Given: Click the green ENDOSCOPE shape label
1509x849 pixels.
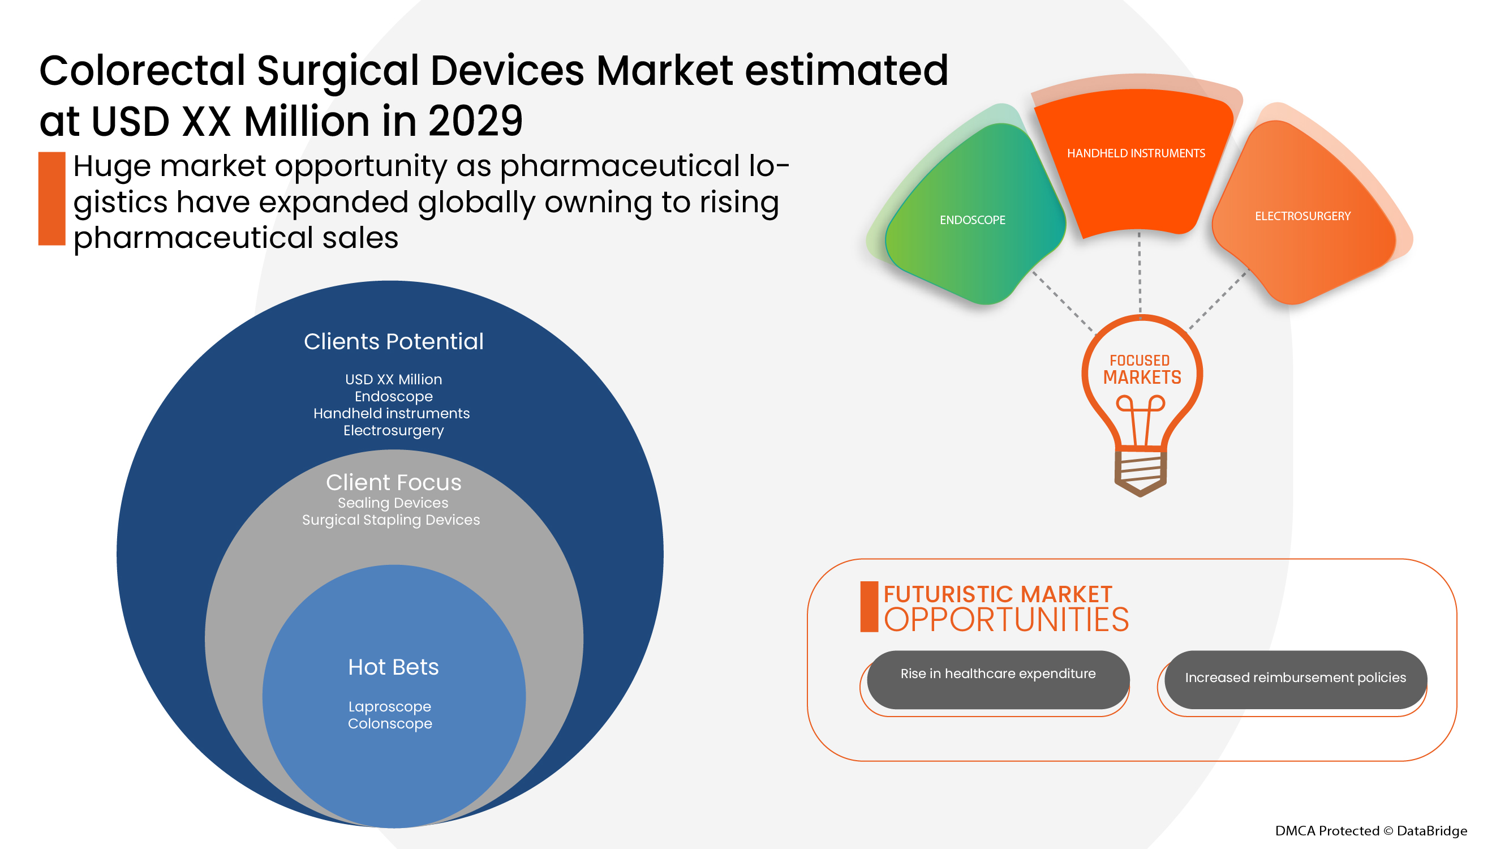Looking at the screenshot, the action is coord(973,220).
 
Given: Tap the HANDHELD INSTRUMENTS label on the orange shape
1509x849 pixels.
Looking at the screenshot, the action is coord(1136,153).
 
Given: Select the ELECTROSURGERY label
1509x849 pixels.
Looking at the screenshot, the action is coord(1302,216).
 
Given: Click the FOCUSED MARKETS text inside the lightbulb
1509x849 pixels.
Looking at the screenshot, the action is coord(1142,369).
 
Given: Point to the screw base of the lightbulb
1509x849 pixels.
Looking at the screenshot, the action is coord(1140,471).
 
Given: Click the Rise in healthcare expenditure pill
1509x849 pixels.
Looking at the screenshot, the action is coord(998,680).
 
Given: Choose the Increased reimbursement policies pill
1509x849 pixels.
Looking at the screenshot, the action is coord(1295,680).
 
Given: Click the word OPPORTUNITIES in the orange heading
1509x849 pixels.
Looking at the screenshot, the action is coord(1006,620).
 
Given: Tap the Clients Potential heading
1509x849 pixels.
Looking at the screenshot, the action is coord(394,342).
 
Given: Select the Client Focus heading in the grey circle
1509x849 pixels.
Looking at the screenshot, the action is coord(394,482).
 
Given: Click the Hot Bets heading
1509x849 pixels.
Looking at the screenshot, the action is coord(393,667).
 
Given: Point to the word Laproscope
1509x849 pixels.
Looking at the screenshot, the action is coord(389,706).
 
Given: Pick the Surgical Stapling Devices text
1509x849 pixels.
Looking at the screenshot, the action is coord(391,520).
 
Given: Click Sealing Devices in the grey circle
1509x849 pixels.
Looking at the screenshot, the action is coord(393,503).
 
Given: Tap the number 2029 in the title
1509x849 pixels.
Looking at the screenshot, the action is coord(475,121).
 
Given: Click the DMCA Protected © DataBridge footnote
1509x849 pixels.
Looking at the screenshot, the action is coord(1371,830).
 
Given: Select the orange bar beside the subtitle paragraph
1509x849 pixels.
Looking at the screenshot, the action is coord(51,198).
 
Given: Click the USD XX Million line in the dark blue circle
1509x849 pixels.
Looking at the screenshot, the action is coord(394,380).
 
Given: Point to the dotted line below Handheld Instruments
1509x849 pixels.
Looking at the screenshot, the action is coord(1140,273).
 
